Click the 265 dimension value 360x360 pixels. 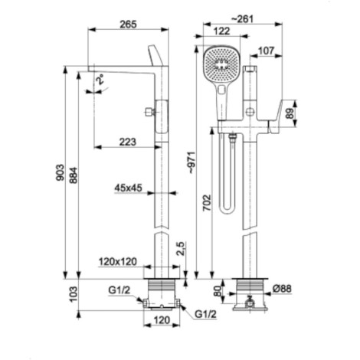coord(129,25)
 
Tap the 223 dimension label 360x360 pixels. coord(128,142)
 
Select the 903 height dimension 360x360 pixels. coord(61,172)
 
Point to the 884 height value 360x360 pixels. coord(74,175)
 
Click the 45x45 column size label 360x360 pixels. coord(128,188)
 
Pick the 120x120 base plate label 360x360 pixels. coord(118,261)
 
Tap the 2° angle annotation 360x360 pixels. coord(100,79)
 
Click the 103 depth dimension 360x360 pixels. coord(74,294)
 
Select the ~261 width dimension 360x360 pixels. coord(242,19)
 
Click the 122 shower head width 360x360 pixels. coord(221,31)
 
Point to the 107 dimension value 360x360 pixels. coord(266,51)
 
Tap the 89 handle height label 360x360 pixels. coord(290,113)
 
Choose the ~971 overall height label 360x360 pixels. coord(191,162)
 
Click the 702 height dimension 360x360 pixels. coord(207,203)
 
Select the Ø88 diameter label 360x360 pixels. coord(282,289)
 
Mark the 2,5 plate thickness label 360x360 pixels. coord(180,248)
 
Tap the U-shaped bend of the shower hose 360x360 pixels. coord(227,211)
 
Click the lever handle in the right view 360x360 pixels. coord(277,116)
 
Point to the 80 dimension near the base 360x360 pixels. coord(218,291)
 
